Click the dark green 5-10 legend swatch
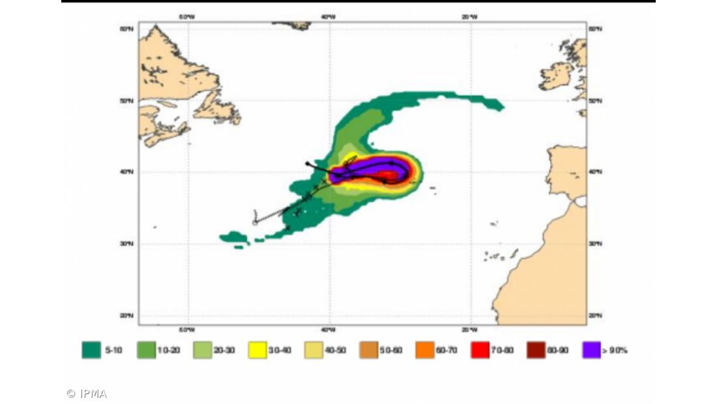tap(91, 350)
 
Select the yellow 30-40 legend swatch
tap(258, 350)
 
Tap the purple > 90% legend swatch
tap(591, 350)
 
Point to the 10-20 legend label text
tap(168, 351)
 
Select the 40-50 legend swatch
tap(314, 350)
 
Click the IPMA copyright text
tap(87, 394)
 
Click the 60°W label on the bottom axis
tap(186, 329)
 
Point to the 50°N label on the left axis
tap(127, 100)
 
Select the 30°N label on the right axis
tap(595, 244)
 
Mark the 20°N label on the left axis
tap(127, 315)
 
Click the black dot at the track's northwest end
tap(308, 163)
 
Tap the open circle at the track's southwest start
tap(255, 222)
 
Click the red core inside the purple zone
tap(389, 175)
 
